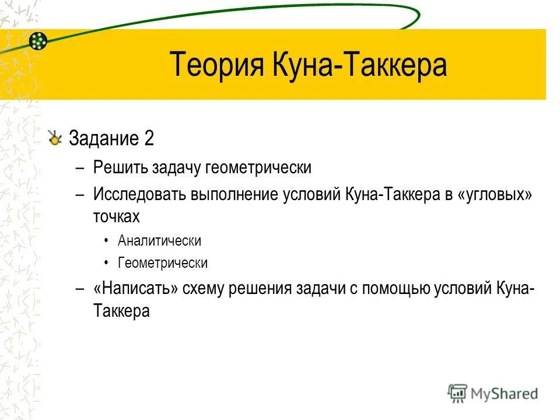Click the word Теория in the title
[x=216, y=65]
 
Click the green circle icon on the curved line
[x=38, y=40]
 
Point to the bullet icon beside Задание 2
[x=55, y=138]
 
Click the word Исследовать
[x=138, y=195]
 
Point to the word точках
[x=117, y=216]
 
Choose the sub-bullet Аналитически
[x=159, y=240]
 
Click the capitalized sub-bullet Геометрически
[x=162, y=263]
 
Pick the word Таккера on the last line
[x=121, y=311]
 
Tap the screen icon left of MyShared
[x=458, y=393]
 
